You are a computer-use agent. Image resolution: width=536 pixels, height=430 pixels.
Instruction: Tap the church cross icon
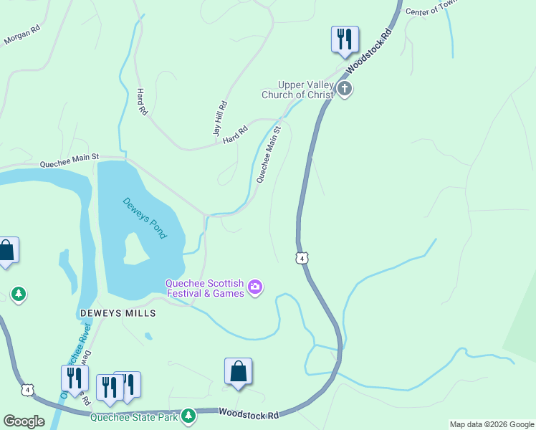pyautogui.click(x=345, y=90)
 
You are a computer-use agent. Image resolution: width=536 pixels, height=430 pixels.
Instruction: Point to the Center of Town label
pyautogui.click(x=431, y=9)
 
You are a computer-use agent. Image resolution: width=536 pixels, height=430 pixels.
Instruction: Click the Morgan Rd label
pyautogui.click(x=21, y=36)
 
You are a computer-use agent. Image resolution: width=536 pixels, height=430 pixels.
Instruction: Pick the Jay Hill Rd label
pyautogui.click(x=220, y=118)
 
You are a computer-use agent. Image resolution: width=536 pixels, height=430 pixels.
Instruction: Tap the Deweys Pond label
pyautogui.click(x=144, y=218)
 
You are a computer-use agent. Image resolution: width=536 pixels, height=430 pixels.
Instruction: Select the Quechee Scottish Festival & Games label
pyautogui.click(x=205, y=287)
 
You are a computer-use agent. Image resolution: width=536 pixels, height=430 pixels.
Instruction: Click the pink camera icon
pyautogui.click(x=254, y=288)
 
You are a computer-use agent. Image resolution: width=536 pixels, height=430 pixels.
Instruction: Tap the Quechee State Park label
pyautogui.click(x=134, y=416)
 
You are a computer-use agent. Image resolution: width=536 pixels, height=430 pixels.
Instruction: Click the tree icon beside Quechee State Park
pyautogui.click(x=188, y=415)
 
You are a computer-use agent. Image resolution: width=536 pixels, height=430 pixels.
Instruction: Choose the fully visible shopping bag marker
pyautogui.click(x=238, y=371)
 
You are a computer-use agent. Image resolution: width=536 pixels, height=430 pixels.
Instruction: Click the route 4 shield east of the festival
pyautogui.click(x=303, y=258)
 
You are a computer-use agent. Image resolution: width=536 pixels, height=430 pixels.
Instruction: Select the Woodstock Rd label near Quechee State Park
pyautogui.click(x=247, y=414)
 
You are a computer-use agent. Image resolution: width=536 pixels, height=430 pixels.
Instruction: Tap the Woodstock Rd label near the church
pyautogui.click(x=370, y=50)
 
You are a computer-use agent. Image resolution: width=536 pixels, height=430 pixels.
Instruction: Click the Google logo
pyautogui.click(x=24, y=421)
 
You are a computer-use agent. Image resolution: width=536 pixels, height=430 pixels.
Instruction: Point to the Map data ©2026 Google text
pyautogui.click(x=491, y=424)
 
